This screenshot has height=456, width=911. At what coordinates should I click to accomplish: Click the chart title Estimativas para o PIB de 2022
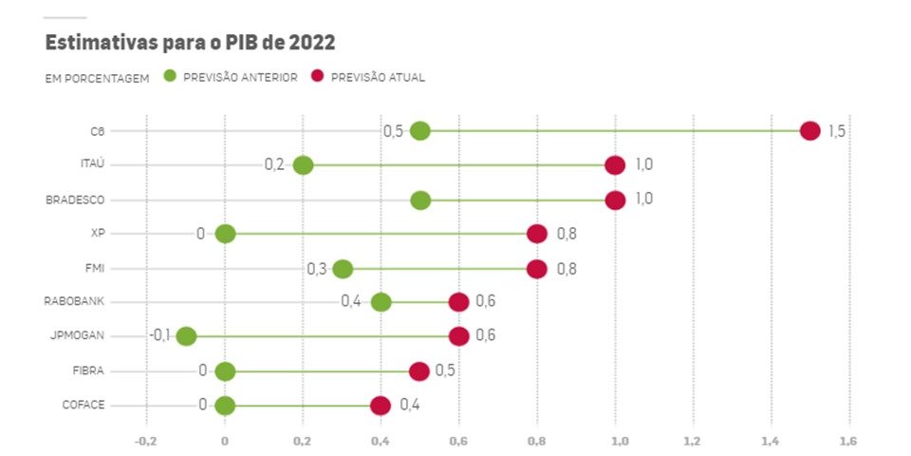click(190, 43)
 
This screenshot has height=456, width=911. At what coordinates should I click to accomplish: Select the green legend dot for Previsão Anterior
click(171, 77)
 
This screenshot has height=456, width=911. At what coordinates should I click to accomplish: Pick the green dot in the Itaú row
click(303, 165)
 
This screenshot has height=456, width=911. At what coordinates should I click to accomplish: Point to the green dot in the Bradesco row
click(420, 200)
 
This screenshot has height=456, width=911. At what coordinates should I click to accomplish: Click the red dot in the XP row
click(537, 234)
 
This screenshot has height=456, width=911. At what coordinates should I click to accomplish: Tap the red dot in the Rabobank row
click(458, 302)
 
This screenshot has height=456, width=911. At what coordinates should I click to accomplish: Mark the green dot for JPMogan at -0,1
click(186, 336)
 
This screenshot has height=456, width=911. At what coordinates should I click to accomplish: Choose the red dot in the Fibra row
click(419, 370)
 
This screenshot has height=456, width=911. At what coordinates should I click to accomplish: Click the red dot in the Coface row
click(381, 406)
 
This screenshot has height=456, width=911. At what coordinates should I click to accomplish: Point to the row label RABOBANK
click(74, 302)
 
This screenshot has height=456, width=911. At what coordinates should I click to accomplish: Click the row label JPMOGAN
click(77, 336)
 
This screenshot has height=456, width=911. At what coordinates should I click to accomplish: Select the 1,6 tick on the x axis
click(847, 441)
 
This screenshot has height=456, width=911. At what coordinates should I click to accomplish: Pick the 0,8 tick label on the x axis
click(536, 441)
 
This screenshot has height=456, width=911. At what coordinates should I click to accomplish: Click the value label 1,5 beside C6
click(836, 131)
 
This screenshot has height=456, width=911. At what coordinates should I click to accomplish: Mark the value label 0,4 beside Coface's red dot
click(410, 406)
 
